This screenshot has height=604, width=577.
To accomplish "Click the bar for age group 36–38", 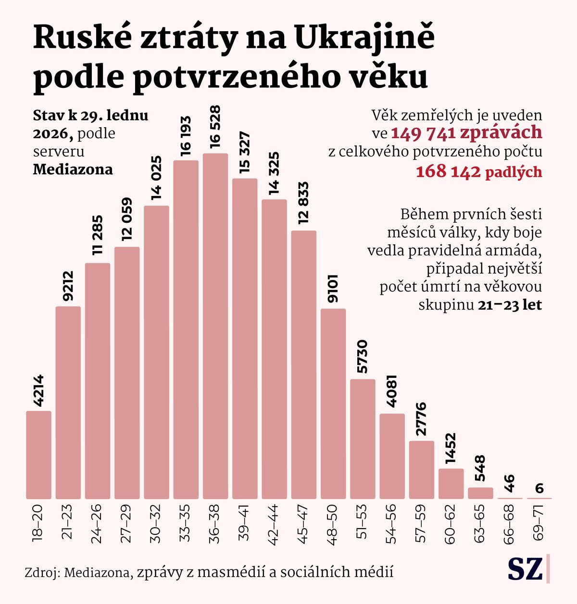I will pyautogui.click(x=215, y=326).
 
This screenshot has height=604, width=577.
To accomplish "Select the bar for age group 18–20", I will pyautogui.click(x=38, y=455).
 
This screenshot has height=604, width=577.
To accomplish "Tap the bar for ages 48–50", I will pyautogui.click(x=333, y=404).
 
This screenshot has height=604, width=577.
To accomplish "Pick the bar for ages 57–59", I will pyautogui.click(x=422, y=470).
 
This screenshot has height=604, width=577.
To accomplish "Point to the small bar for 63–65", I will pyautogui.click(x=480, y=493).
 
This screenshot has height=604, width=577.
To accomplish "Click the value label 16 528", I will pyautogui.click(x=215, y=127).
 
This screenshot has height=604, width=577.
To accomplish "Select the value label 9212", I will pyautogui.click(x=68, y=286).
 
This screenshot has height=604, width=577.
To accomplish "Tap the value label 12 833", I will pyautogui.click(x=303, y=204).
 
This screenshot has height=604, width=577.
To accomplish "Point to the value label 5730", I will pyautogui.click(x=362, y=356).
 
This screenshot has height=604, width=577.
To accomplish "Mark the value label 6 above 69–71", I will pyautogui.click(x=539, y=489).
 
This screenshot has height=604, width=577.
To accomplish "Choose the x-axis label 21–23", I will pyautogui.click(x=68, y=522).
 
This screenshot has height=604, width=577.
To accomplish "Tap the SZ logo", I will pyautogui.click(x=525, y=569).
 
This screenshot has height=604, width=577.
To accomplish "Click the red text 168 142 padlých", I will pyautogui.click(x=479, y=172).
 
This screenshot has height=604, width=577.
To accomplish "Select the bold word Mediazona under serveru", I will pyautogui.click(x=73, y=169).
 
